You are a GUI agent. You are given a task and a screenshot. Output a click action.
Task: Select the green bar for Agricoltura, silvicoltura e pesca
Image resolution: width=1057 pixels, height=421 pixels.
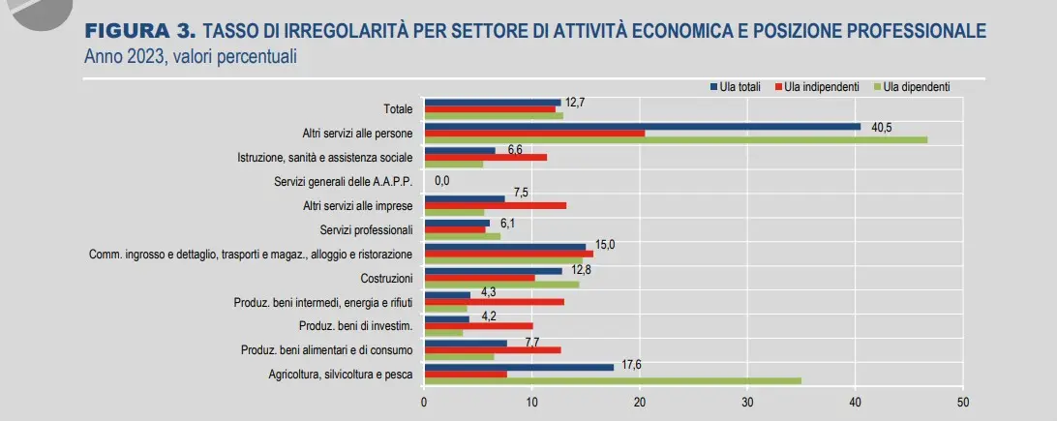[x=613, y=380]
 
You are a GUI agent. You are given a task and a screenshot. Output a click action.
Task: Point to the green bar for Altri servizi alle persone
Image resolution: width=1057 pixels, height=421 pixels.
[x=676, y=139]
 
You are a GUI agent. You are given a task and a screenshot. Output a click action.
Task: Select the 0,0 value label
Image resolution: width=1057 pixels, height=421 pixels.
[x=442, y=181]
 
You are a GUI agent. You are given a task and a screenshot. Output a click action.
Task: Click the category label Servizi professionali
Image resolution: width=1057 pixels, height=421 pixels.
[x=366, y=229]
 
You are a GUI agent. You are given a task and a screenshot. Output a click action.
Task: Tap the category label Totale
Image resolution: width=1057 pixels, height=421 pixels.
[x=398, y=109]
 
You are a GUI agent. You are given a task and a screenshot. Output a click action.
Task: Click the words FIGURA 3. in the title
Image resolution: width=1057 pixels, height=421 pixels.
[x=139, y=31]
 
